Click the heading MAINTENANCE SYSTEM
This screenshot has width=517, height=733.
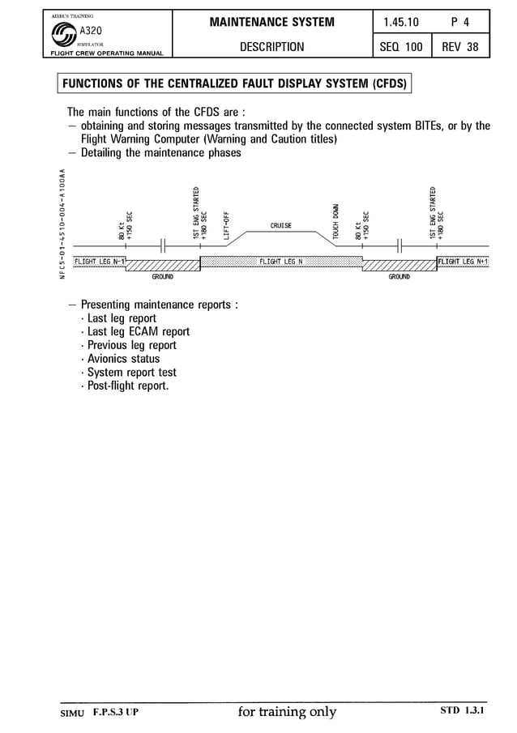(x=272, y=22)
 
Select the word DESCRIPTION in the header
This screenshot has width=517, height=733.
(x=272, y=47)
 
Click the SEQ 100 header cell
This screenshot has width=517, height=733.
(x=401, y=47)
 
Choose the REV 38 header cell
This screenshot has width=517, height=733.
(x=459, y=47)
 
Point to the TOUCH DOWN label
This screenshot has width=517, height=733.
(x=335, y=220)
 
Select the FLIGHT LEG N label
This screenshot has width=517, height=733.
(x=280, y=262)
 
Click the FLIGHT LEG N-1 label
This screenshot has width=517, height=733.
(x=100, y=262)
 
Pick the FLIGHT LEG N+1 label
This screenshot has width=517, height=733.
(x=463, y=262)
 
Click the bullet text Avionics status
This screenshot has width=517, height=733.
(x=123, y=359)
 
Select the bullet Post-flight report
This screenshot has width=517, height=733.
(x=128, y=386)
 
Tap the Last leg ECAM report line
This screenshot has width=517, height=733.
(x=138, y=331)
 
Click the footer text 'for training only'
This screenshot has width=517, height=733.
(x=287, y=713)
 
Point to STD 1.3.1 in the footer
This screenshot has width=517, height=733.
(x=462, y=710)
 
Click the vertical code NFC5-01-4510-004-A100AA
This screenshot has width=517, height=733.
(x=62, y=224)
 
